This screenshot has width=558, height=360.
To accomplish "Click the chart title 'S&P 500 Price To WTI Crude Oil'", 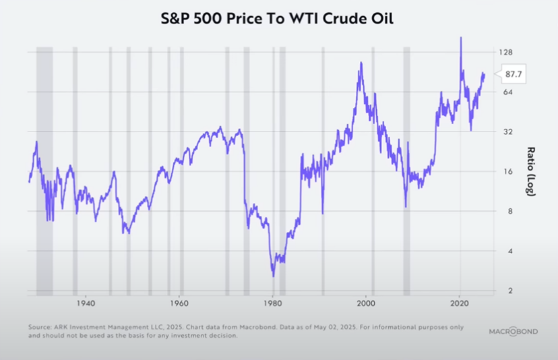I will pyautogui.click(x=278, y=19).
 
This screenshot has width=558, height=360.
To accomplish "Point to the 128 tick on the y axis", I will pyautogui.click(x=505, y=52).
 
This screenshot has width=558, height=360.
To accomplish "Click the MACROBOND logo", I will pyautogui.click(x=513, y=331).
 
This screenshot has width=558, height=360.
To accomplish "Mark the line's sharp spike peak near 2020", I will pyautogui.click(x=461, y=38).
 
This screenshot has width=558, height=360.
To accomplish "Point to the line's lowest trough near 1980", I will pyautogui.click(x=273, y=276).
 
